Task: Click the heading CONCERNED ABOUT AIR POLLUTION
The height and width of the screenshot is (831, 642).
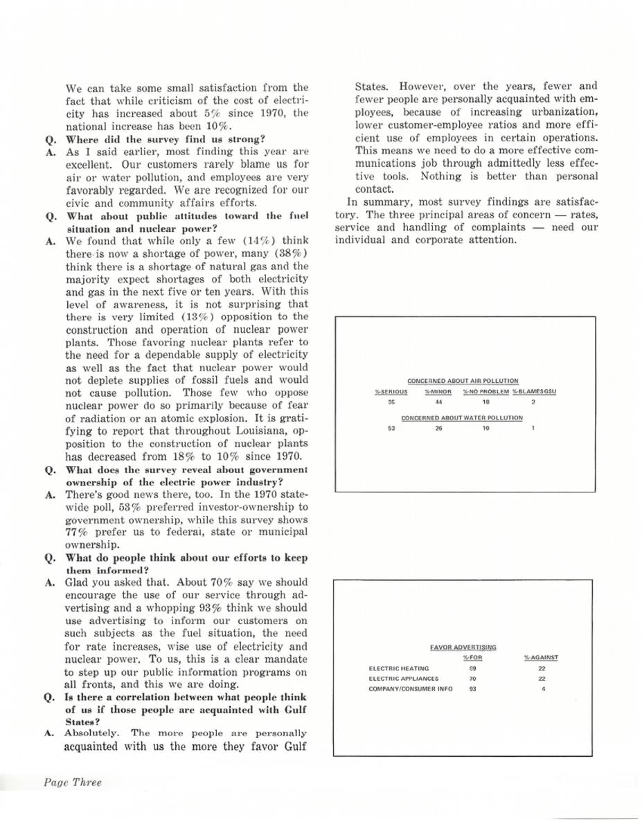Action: pos(463,381)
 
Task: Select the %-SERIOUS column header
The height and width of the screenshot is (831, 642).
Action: pos(386,392)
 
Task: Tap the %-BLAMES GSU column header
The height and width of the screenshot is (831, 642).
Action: pos(535,392)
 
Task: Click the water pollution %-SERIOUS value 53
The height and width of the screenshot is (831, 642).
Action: pos(391,429)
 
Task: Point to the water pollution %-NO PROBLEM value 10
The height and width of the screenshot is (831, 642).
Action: pos(485,429)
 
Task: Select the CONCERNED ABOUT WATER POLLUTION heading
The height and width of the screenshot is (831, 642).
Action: pos(462,418)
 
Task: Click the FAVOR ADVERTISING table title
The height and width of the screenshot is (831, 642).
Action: pos(463,647)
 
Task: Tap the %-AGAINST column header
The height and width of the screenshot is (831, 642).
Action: pos(542,657)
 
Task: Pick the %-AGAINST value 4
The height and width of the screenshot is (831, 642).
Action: pos(542,689)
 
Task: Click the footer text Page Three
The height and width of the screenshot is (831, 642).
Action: pos(73,783)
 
